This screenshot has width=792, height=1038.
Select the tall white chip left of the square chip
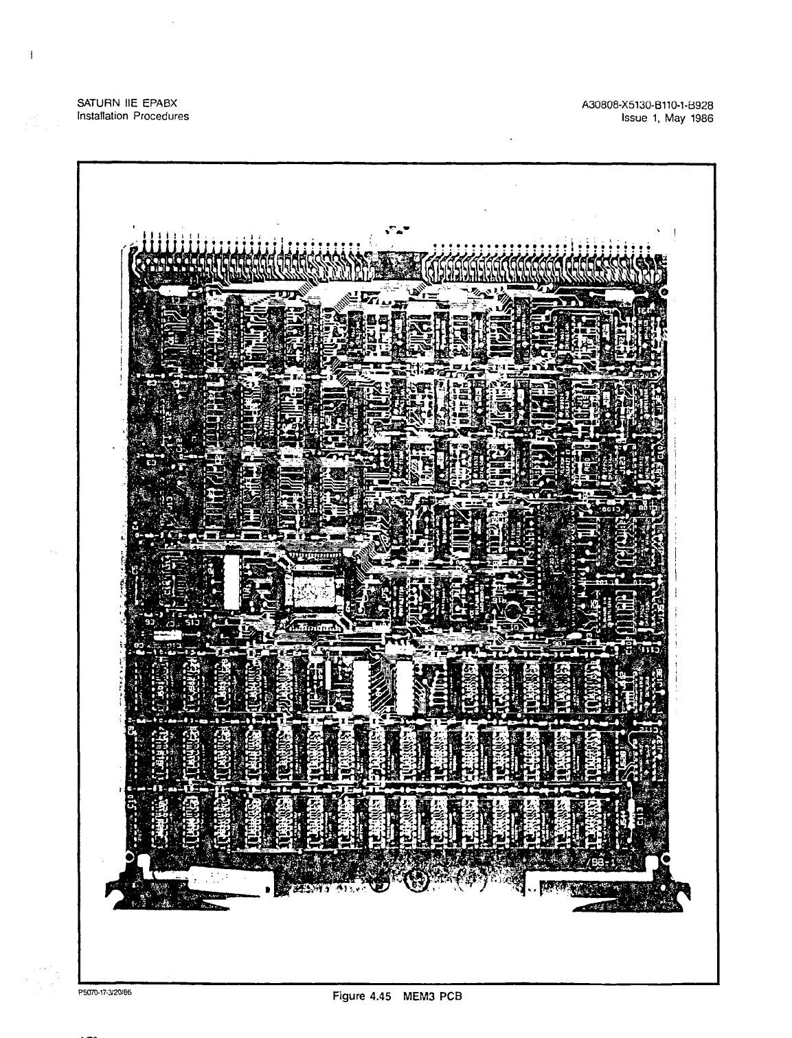click(x=231, y=582)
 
